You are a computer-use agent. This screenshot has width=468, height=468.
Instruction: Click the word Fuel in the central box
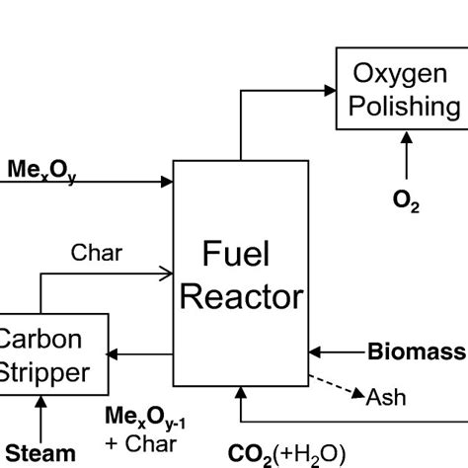(237, 256)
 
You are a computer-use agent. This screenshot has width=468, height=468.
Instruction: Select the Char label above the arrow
(97, 253)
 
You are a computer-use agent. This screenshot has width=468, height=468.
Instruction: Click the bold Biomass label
(416, 351)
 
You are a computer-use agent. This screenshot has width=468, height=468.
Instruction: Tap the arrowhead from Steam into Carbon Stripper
(39, 400)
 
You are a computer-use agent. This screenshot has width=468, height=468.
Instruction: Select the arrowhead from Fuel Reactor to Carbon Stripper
(117, 351)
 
